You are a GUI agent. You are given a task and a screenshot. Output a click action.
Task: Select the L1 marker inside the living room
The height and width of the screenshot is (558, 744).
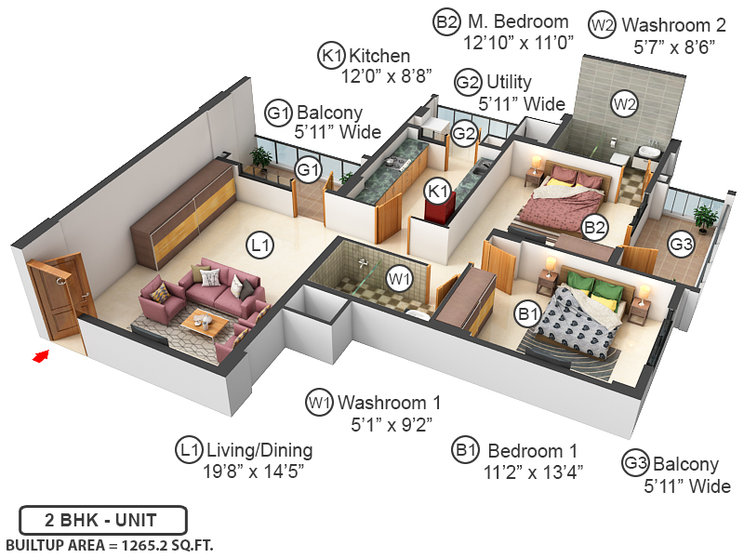(260, 246)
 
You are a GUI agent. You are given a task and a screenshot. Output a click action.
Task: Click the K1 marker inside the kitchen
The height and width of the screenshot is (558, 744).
(437, 192)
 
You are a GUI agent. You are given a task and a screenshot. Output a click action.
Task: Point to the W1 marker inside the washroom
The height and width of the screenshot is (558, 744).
(400, 277)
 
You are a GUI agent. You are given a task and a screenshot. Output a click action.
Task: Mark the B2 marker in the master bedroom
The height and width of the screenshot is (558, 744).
(594, 225)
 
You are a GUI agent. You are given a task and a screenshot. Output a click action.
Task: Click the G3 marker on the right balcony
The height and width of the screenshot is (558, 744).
(682, 246)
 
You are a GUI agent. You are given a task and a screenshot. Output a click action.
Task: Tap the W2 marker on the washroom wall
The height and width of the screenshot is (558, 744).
(624, 104)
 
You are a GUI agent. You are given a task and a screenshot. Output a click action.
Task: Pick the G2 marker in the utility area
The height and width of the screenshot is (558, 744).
(464, 133)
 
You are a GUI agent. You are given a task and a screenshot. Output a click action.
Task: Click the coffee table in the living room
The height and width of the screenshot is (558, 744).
(206, 322)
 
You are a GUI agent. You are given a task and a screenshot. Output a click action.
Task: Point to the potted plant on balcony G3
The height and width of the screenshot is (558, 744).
(706, 218)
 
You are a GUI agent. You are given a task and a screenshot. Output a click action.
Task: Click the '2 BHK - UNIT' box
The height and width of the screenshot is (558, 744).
(103, 519)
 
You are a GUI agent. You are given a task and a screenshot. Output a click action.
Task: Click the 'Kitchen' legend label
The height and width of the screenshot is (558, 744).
(379, 57)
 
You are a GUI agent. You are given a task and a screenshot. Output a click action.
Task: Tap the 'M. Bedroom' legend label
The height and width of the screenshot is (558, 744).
(517, 21)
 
